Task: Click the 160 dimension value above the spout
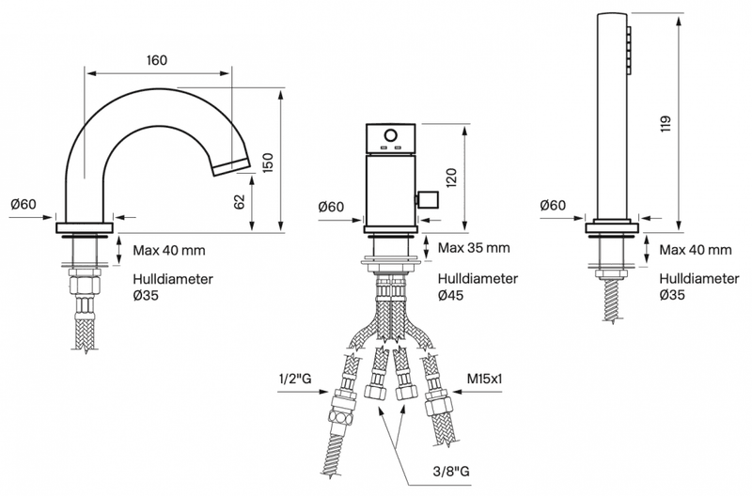click(x=157, y=60)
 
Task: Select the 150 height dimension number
click(x=268, y=163)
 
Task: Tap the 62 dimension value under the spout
click(x=240, y=201)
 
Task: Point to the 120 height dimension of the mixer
click(x=451, y=178)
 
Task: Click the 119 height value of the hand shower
click(x=666, y=124)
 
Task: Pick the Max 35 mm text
click(x=474, y=248)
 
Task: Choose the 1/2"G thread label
click(x=295, y=380)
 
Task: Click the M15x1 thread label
click(x=484, y=380)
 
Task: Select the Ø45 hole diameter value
click(x=451, y=295)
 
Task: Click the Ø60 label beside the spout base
click(x=23, y=204)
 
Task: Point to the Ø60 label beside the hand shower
click(x=553, y=205)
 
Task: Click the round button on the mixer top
click(x=391, y=134)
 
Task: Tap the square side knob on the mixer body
click(x=428, y=200)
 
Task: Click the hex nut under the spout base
click(x=85, y=282)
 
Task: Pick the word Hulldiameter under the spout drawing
click(x=173, y=279)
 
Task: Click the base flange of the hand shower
click(x=613, y=227)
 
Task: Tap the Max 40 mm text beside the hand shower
click(x=696, y=250)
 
